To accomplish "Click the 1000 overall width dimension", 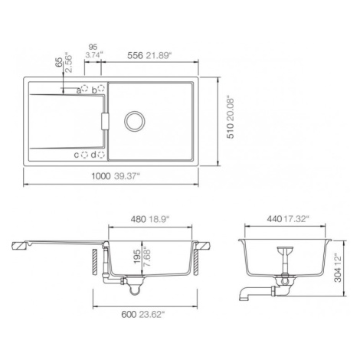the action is pyautogui.click(x=101, y=176).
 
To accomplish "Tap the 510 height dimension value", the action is pyautogui.click(x=231, y=131).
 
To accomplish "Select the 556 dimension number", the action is pyautogui.click(x=135, y=56).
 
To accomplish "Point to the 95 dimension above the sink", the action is pyautogui.click(x=93, y=47).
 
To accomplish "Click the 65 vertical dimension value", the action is pyautogui.click(x=59, y=62).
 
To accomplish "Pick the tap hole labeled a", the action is pyautogui.click(x=84, y=89).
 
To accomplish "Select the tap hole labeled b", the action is pyautogui.click(x=101, y=88).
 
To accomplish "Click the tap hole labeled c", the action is pyautogui.click(x=84, y=155).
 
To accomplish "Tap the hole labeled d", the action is pyautogui.click(x=101, y=155).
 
